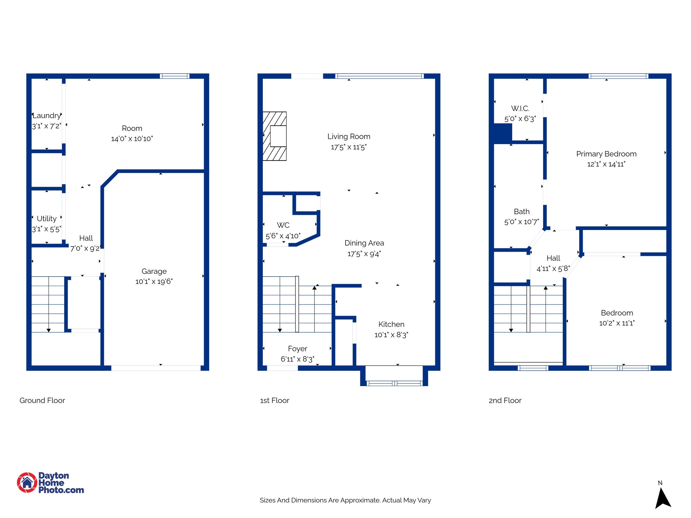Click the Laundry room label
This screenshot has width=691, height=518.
(x=47, y=116)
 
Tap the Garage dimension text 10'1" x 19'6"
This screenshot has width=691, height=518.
(x=154, y=282)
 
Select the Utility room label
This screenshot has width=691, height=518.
(x=47, y=219)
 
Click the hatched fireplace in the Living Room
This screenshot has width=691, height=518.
(x=274, y=136)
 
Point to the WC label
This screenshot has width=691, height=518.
(x=283, y=225)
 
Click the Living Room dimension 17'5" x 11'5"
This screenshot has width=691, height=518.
(x=349, y=147)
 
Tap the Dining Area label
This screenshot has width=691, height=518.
(x=364, y=243)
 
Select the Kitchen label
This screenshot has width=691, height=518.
(x=391, y=324)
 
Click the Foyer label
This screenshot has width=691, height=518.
(x=297, y=349)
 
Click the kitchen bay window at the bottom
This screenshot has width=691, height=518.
(x=394, y=383)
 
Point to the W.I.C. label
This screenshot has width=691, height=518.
(x=520, y=109)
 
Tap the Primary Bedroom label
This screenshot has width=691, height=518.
(x=606, y=154)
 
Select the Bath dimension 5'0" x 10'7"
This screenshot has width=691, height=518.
(x=521, y=222)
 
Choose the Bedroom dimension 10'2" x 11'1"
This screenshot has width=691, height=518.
(x=616, y=323)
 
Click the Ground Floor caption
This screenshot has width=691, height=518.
(x=42, y=401)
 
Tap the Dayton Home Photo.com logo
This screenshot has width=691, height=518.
(x=51, y=483)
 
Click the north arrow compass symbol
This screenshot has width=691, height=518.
(x=662, y=497)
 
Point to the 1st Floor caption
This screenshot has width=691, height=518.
(x=275, y=401)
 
